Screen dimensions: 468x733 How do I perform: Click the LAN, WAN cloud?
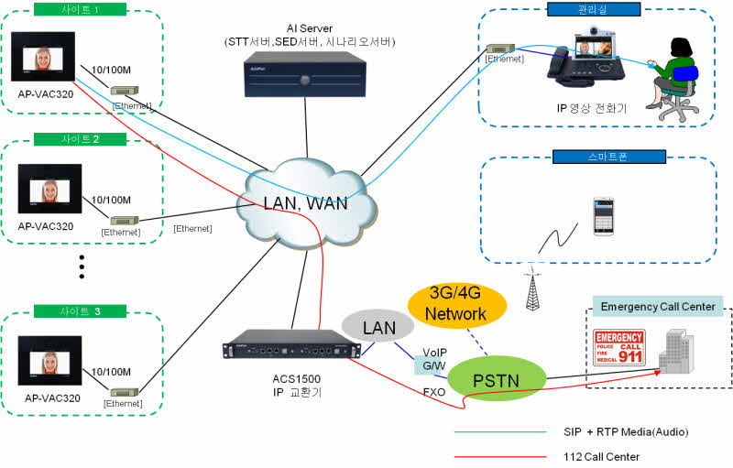[293, 203]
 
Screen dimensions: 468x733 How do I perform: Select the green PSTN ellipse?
[496, 377]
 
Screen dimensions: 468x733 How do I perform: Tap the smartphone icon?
[602, 216]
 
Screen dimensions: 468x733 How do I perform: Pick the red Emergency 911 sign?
[619, 350]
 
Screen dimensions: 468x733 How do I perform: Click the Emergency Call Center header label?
[657, 306]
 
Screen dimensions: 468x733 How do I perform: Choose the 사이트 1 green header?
[80, 10]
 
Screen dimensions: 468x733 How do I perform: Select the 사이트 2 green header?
[80, 139]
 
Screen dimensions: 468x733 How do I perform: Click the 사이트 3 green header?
[80, 311]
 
